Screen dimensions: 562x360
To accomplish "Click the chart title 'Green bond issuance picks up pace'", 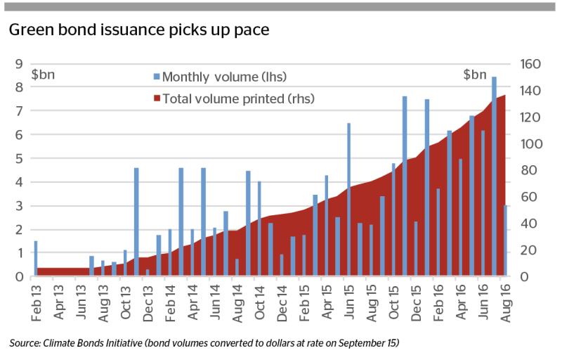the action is tap(139, 30).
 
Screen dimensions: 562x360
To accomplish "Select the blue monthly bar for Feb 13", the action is tap(36, 258).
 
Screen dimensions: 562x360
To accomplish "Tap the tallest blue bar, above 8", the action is tap(494, 176).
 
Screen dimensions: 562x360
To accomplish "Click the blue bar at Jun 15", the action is tap(348, 200).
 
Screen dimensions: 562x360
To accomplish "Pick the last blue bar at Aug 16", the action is tap(505, 240).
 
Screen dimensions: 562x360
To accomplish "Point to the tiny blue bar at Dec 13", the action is tap(148, 273).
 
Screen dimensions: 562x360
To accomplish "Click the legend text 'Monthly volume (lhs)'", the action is tap(224, 77).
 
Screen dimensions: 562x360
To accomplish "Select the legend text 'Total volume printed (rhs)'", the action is tap(238, 98).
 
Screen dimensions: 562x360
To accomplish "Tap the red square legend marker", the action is tap(157, 98).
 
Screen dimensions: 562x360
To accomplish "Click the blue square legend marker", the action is tap(157, 77).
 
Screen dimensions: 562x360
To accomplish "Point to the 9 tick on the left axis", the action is tap(19, 64).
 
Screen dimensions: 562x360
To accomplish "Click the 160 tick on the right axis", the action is tap(530, 64).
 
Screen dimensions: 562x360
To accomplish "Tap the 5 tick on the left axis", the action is tap(19, 158).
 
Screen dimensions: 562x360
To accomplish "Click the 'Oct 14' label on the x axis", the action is tap(259, 302).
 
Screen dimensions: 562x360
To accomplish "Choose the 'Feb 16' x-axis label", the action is tap(438, 302).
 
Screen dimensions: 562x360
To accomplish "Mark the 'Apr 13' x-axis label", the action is tap(58, 302).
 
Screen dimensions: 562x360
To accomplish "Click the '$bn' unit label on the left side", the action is tap(43, 75).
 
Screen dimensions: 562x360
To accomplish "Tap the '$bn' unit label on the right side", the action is tap(475, 75).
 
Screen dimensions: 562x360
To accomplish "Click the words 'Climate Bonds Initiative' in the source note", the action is tap(93, 343).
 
